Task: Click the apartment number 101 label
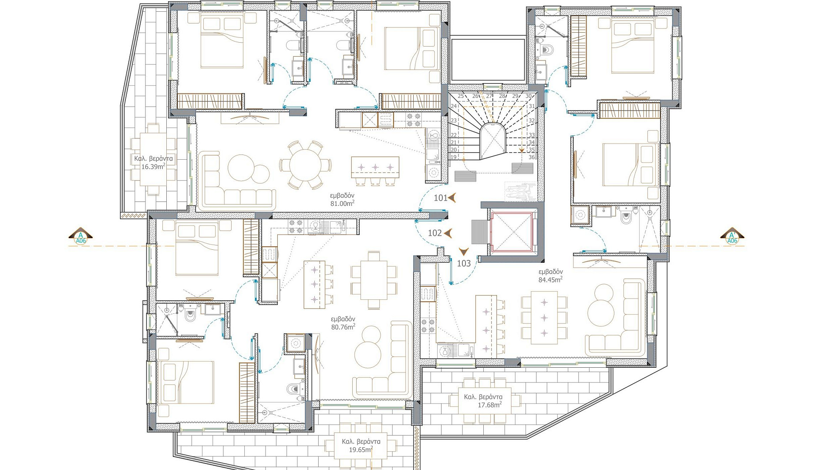pos(441,198)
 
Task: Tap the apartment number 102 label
pos(435,233)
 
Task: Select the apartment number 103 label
pos(464,263)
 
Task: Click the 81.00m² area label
pos(342,203)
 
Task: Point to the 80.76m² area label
pos(343,327)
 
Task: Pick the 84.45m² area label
pos(550,280)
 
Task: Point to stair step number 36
pos(531,157)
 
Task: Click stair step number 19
pos(453,157)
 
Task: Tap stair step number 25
pos(461,96)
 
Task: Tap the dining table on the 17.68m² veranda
pos(489,400)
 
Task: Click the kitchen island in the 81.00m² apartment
pos(375,167)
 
